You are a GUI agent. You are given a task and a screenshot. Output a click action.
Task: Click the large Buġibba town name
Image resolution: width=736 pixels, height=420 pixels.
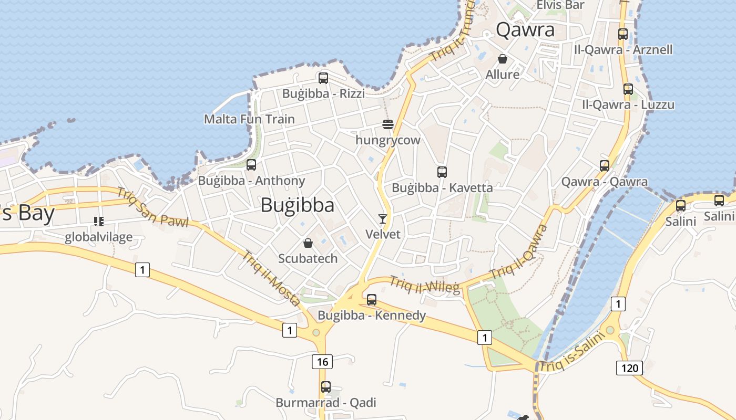(x=297, y=205)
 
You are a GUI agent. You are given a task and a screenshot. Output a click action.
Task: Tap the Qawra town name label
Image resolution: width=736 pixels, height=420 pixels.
(x=525, y=30)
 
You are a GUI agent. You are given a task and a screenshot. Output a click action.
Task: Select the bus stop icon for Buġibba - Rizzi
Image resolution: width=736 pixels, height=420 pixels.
(x=323, y=78)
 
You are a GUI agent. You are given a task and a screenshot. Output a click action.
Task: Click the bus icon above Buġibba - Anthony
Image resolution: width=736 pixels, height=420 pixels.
(x=251, y=165)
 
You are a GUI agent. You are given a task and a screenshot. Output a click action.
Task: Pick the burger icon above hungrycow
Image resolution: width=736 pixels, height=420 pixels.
(x=388, y=124)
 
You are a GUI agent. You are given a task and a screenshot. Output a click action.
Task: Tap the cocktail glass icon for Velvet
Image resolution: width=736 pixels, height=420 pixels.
(x=382, y=218)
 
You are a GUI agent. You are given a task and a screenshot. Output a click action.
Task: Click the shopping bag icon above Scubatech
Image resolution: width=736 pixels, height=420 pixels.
(x=308, y=243)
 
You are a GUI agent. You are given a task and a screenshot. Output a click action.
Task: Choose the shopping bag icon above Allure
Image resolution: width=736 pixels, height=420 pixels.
(x=503, y=59)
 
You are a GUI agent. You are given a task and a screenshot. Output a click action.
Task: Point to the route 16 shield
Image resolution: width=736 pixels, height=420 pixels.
(x=322, y=361)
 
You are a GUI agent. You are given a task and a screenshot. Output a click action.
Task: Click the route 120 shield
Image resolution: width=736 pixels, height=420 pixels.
(x=629, y=367)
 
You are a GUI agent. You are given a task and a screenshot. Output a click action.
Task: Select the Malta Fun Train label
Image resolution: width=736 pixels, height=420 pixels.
(x=249, y=119)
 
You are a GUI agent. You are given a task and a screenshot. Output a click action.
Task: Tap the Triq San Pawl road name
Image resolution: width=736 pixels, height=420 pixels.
(x=152, y=208)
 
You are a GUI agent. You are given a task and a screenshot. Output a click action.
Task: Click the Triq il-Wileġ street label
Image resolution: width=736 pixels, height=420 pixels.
(x=425, y=285)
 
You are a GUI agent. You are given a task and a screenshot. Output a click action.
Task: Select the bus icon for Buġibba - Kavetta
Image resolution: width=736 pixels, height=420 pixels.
(x=442, y=172)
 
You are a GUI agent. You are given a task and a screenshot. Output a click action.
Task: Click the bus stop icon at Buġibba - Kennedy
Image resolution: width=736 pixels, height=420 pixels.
(x=372, y=300)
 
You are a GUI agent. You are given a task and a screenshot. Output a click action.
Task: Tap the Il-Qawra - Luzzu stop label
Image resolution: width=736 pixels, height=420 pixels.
(x=628, y=104)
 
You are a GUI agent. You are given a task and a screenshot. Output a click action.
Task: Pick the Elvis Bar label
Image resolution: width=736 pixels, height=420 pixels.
(x=560, y=5)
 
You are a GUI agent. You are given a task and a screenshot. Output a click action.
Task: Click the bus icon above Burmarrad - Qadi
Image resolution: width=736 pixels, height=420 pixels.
(x=326, y=387)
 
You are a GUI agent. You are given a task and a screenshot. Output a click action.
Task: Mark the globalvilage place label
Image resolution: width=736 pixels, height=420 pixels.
(x=99, y=237)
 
